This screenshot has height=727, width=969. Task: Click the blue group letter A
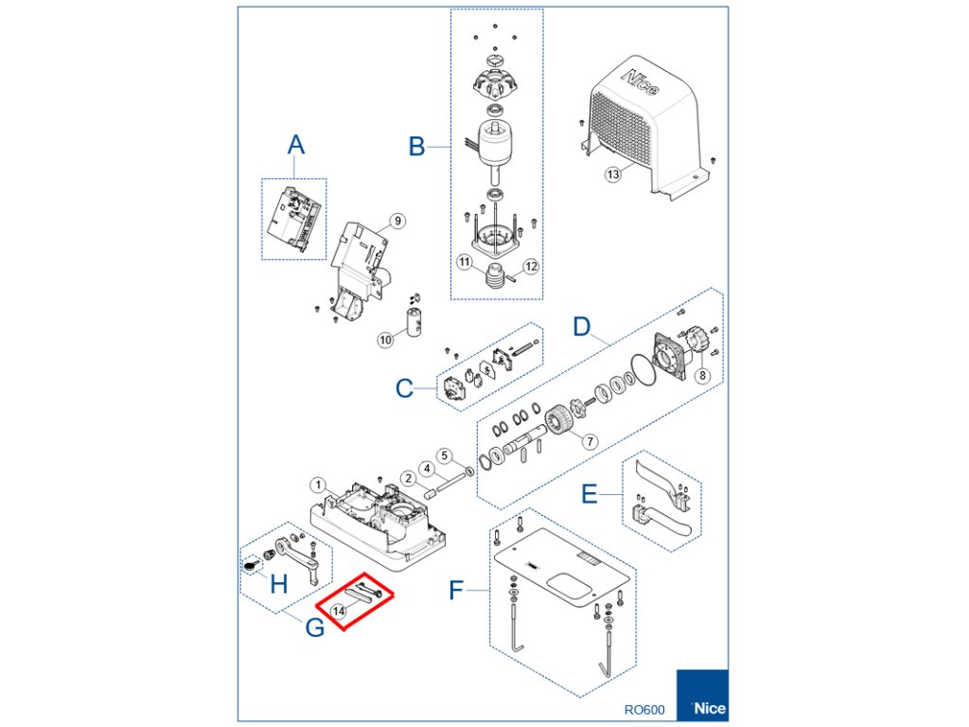296,145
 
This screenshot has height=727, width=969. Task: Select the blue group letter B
416,147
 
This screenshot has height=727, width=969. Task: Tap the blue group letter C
404,389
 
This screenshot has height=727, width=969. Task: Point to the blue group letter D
583,327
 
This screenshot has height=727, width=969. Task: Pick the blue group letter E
589,495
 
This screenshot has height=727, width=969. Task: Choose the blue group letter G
314,626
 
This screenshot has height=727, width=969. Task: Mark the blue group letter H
278,584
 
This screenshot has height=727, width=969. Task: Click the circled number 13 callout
613,174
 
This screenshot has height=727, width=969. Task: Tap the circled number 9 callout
397,221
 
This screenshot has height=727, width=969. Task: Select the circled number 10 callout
385,339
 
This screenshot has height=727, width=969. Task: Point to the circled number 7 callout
590,441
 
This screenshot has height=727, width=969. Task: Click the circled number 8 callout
702,376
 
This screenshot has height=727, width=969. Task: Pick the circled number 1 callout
320,486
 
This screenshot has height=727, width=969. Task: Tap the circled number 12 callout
530,267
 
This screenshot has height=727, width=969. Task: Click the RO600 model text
644,709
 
